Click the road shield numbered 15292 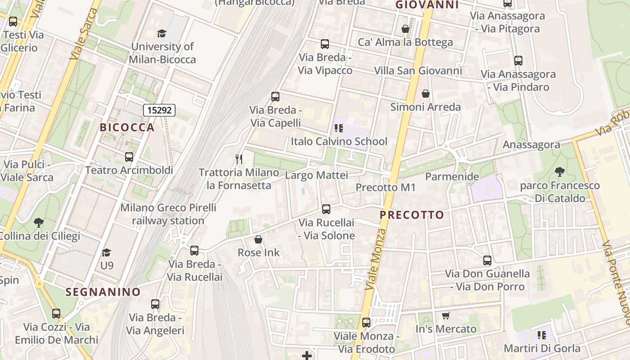pyautogui.click(x=159, y=110)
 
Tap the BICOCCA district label pyautogui.click(x=127, y=127)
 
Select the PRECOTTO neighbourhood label pyautogui.click(x=412, y=215)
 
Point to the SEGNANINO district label pyautogui.click(x=103, y=292)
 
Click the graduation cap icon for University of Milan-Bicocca pyautogui.click(x=162, y=33)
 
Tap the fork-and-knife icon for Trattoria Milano pyautogui.click(x=239, y=159)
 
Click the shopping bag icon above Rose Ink pyautogui.click(x=258, y=239)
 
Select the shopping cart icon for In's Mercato pyautogui.click(x=445, y=316)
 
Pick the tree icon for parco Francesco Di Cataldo pyautogui.click(x=559, y=171)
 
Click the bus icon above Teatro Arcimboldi pyautogui.click(x=129, y=157)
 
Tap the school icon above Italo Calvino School pyautogui.click(x=339, y=128)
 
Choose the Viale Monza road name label pyautogui.click(x=376, y=260)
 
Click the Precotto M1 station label pyautogui.click(x=386, y=188)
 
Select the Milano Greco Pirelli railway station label pyautogui.click(x=168, y=214)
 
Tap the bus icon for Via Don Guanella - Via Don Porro pyautogui.click(x=487, y=260)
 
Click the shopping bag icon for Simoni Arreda pyautogui.click(x=426, y=94)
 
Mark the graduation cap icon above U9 pyautogui.click(x=106, y=252)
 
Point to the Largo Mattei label pyautogui.click(x=316, y=175)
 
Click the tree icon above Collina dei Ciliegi pyautogui.click(x=39, y=222)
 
